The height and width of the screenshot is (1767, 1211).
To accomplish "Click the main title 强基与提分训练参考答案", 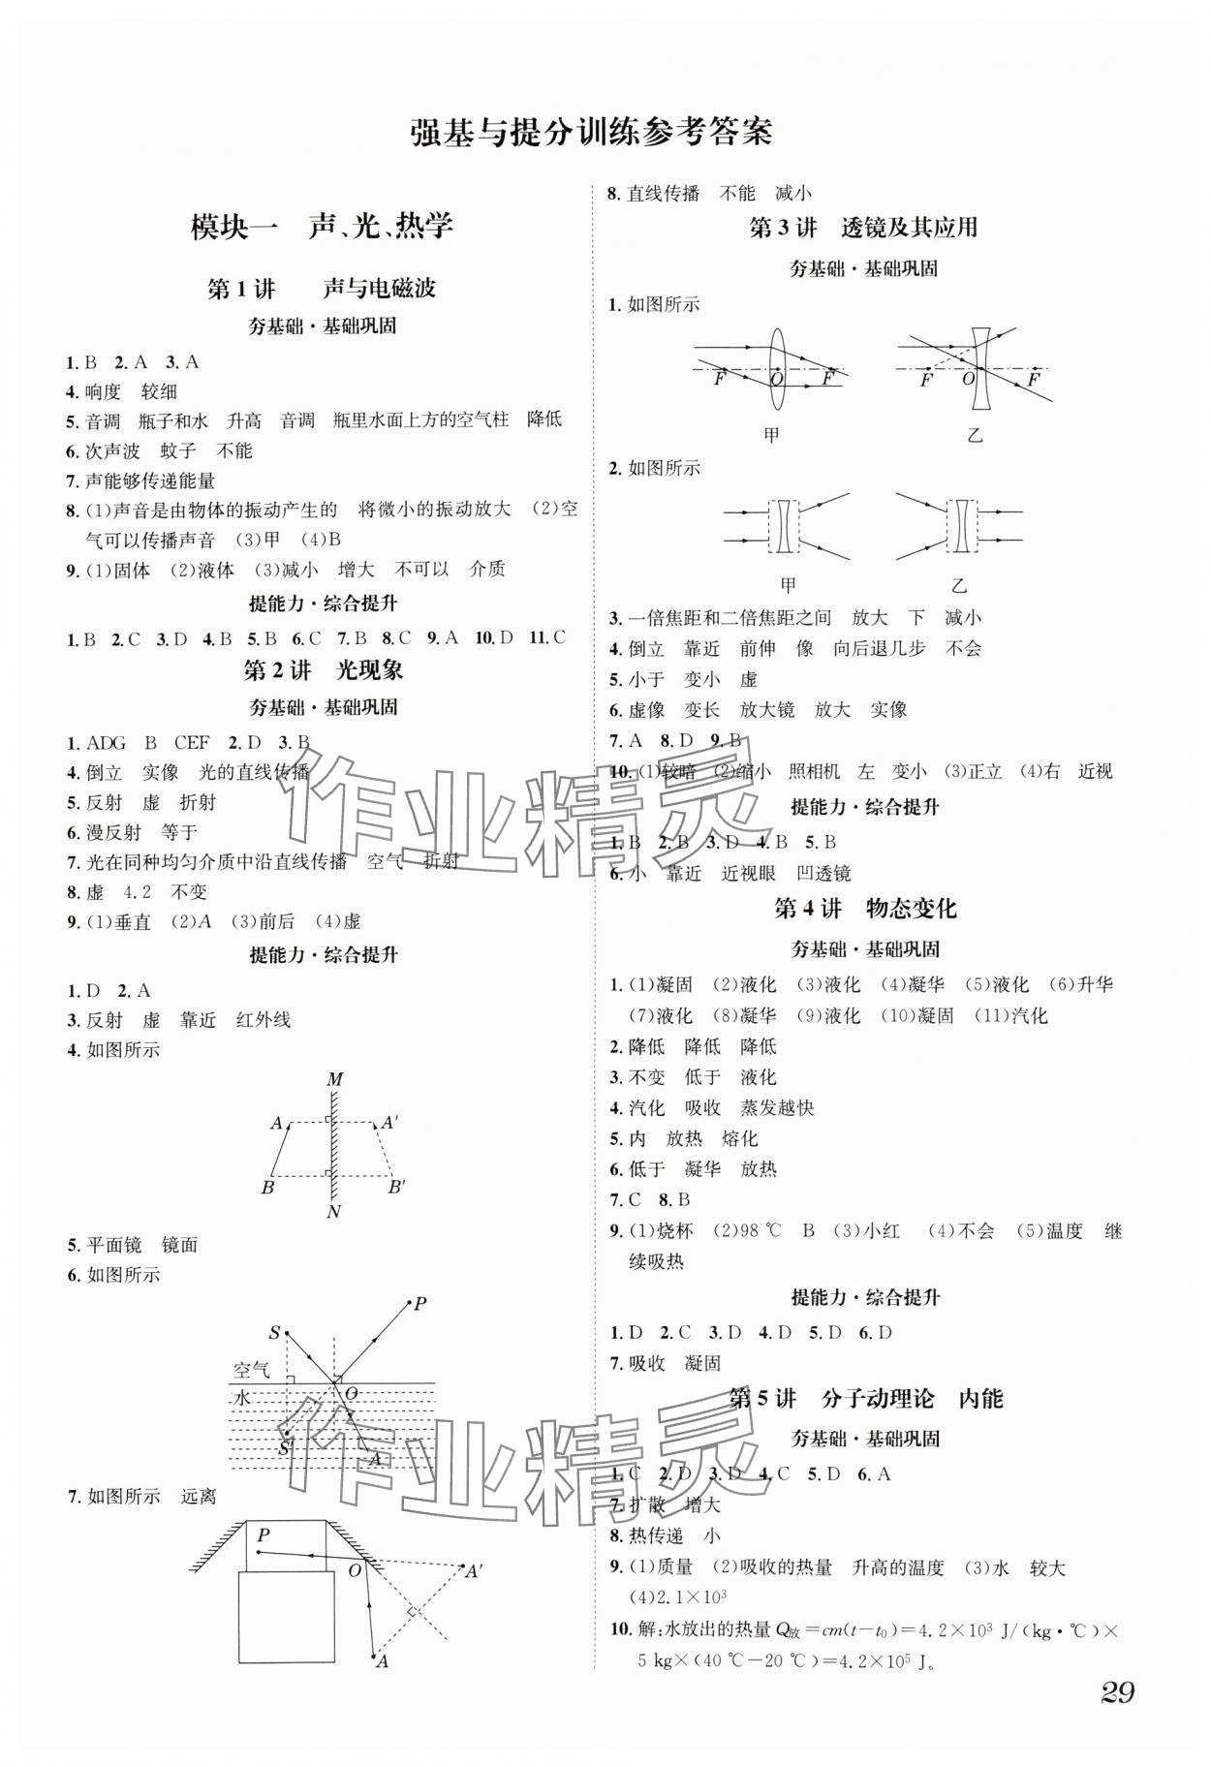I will pos(591,132).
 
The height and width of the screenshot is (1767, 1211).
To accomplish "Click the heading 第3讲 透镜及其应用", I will pos(863,228).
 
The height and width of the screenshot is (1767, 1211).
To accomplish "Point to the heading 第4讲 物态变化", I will pos(865,908).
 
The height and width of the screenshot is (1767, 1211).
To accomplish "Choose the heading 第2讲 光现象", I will pos(323,669).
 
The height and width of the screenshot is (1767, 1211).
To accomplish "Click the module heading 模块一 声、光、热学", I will pos(322,227).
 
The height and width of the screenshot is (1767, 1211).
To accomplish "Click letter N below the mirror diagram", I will pos(334,1212).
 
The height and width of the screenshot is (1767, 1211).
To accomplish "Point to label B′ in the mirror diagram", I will pos(396,1187).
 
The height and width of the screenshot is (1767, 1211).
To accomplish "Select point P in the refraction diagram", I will pos(419,1304).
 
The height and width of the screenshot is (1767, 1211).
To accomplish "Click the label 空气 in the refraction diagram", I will pos(252,1370).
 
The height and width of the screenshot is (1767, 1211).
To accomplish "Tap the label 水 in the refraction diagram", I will pos(242,1398).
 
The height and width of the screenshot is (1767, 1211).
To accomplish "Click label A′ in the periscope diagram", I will pos(475,1571).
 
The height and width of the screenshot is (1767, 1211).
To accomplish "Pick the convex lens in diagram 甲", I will pos(778,370).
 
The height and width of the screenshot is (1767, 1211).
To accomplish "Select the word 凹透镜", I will pos(823,873).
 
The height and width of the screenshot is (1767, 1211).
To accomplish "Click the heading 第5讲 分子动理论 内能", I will pos(865,1398).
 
